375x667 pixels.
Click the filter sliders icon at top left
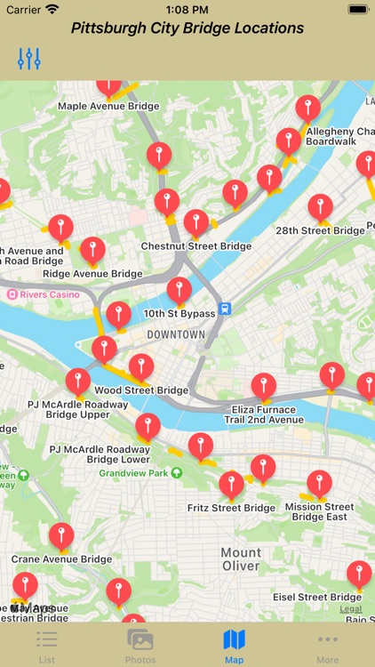pos(29,60)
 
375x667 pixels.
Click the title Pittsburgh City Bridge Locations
pos(187,28)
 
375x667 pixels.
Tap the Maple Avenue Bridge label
pos(108,107)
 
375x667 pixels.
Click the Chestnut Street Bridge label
pos(195,246)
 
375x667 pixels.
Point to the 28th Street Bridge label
pos(320,230)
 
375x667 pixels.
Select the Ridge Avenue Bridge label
pos(92,274)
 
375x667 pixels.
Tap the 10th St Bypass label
pos(180,314)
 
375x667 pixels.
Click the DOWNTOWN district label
pos(176,335)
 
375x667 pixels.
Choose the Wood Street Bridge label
pos(141,390)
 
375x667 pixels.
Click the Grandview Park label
pos(133,474)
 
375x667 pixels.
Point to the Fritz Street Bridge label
pos(231,509)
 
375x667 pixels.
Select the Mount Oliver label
pos(241,559)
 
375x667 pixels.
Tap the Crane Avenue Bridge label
pos(61,559)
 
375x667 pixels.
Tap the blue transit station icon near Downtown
pos(226,309)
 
